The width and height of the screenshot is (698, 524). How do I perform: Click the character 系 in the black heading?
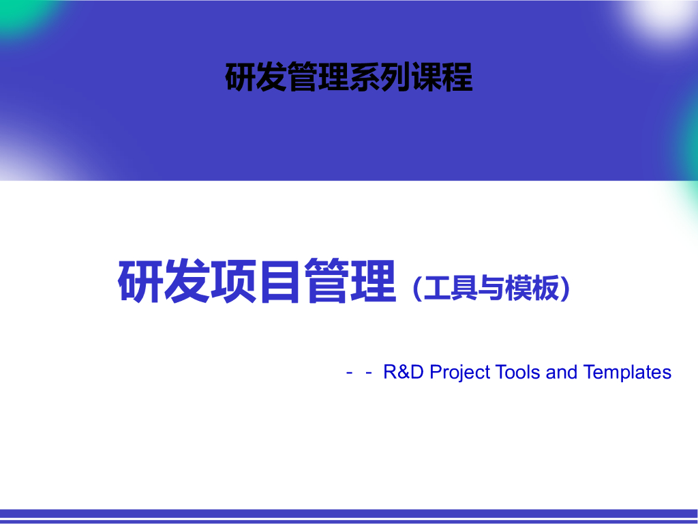pos(365,77)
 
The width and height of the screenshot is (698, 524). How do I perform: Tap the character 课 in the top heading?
pos(425,77)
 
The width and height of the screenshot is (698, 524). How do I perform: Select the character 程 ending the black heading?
pos(457,77)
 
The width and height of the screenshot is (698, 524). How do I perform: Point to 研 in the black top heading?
pos(241,77)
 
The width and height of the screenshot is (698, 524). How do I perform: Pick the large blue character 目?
pos(280,281)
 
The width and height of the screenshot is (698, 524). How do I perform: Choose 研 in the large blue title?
pos(141,281)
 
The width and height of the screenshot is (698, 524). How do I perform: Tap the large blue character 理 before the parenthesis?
pos(374,281)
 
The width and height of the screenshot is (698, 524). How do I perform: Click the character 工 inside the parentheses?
pos(437,289)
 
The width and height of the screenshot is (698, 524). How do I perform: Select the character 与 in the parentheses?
pos(490,289)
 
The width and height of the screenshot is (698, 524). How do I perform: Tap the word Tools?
pos(518,373)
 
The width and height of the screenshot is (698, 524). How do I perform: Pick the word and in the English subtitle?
pos(562,373)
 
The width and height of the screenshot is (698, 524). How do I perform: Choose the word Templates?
pos(627,373)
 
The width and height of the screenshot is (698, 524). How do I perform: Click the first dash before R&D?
pos(350,373)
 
